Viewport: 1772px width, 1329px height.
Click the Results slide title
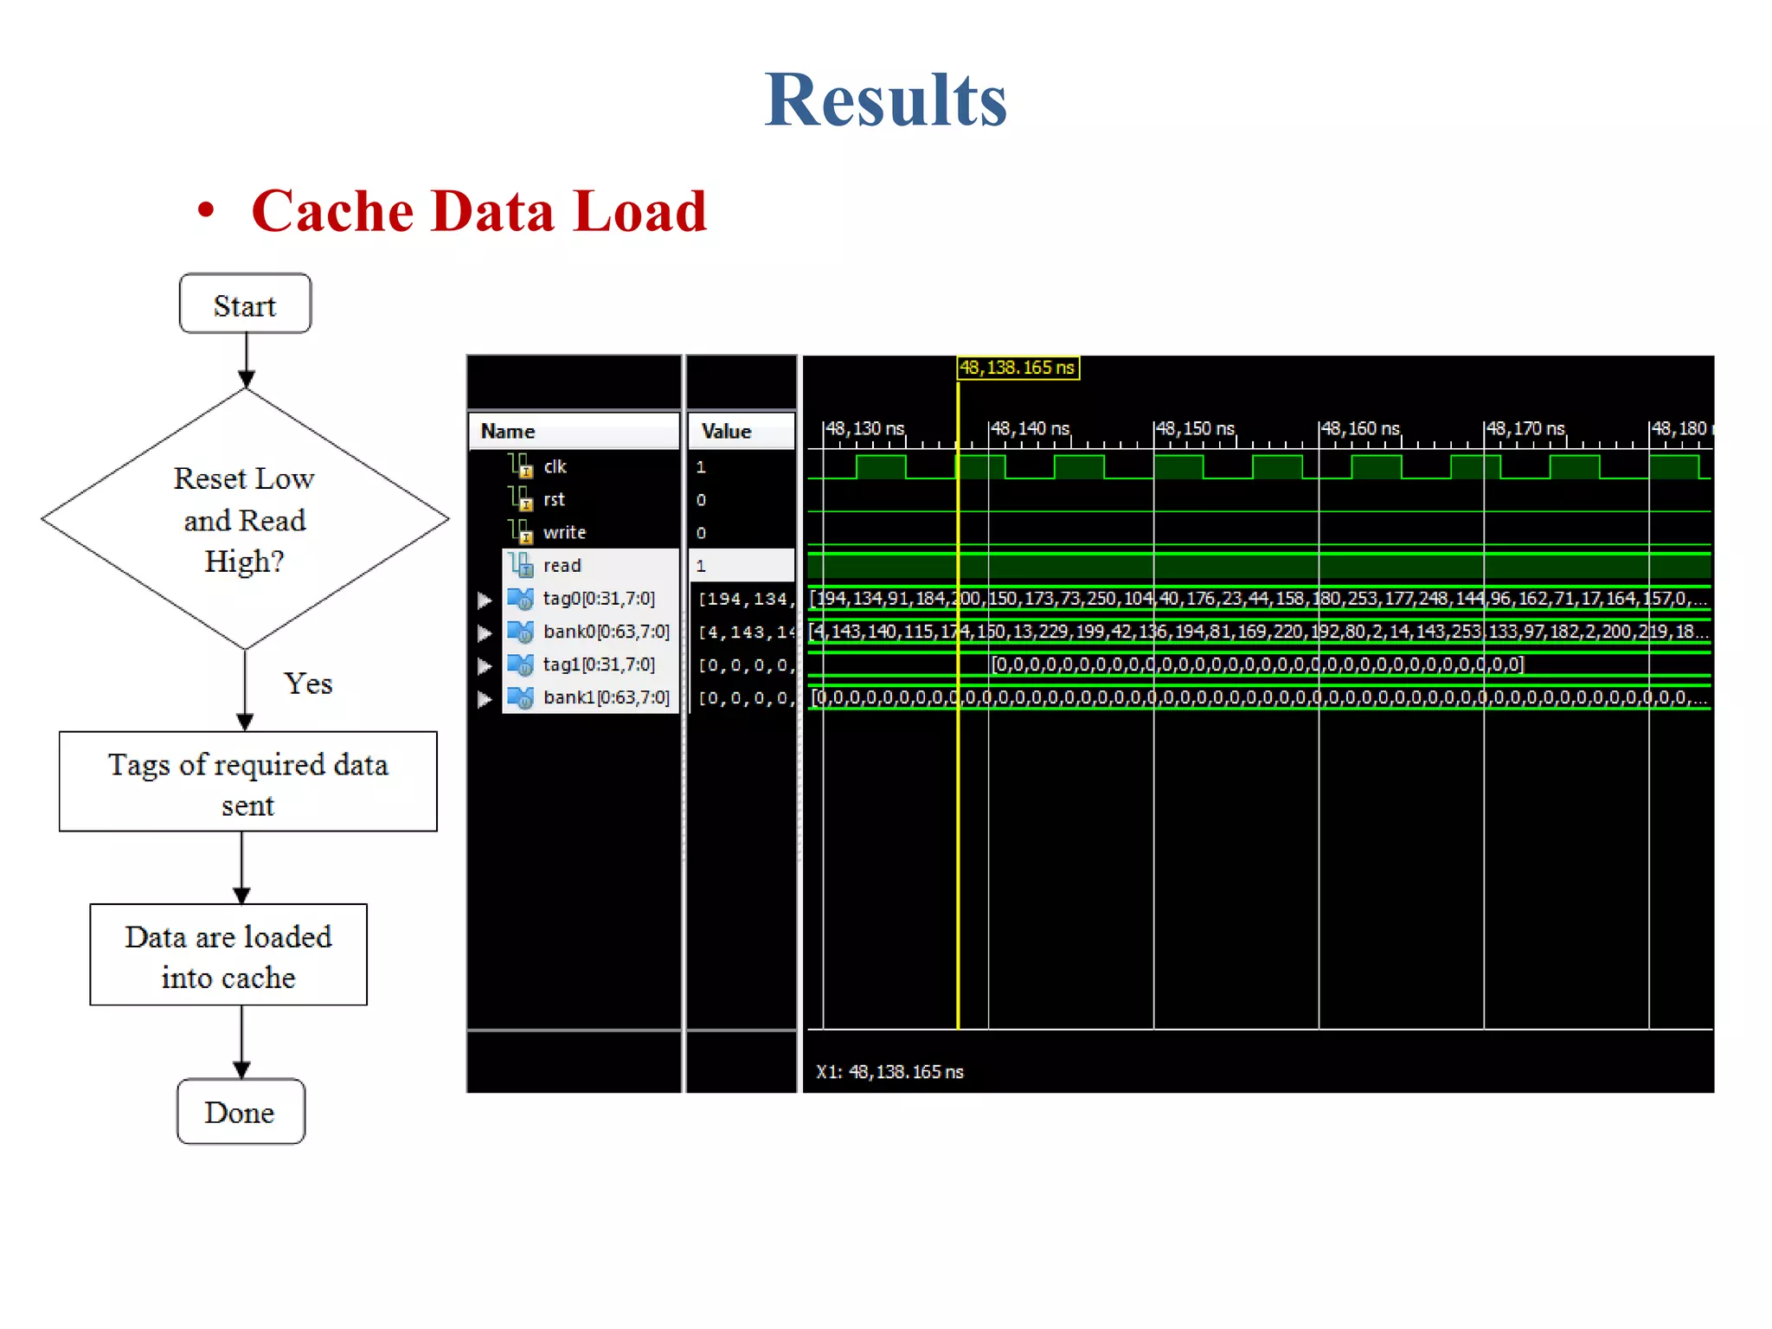coord(885,100)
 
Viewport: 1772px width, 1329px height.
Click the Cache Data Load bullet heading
coord(478,211)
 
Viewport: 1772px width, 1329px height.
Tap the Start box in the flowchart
coord(245,305)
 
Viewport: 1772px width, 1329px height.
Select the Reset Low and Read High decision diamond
coord(245,519)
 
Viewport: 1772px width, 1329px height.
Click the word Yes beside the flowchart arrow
coord(308,684)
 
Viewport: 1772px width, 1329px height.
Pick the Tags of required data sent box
coord(247,782)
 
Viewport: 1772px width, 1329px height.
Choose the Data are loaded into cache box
coord(228,955)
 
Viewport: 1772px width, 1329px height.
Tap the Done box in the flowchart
coord(241,1112)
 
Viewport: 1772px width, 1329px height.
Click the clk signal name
coord(555,466)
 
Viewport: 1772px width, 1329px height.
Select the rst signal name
coord(554,499)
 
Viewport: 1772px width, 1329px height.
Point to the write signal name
coord(564,532)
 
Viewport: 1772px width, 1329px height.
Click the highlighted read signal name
coord(562,565)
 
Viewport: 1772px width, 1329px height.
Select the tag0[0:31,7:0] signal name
coord(599,598)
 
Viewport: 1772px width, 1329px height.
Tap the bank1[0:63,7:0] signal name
coord(606,697)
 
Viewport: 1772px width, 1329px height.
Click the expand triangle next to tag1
coord(485,665)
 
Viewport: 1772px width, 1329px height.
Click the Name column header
coord(508,431)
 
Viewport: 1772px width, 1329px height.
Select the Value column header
coord(726,431)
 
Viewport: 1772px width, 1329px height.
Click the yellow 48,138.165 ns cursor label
coord(1018,368)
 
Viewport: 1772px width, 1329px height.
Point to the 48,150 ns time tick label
coord(1195,428)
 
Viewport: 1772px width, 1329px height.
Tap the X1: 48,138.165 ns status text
coord(889,1072)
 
